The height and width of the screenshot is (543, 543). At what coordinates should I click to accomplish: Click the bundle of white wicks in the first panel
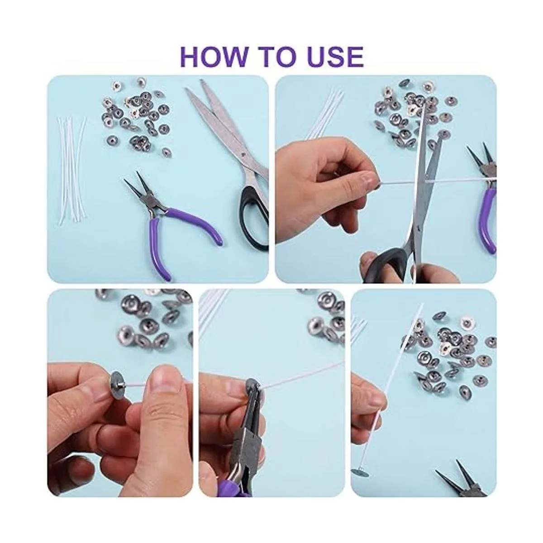coord(72,170)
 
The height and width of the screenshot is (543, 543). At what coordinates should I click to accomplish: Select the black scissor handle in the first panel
coord(253,219)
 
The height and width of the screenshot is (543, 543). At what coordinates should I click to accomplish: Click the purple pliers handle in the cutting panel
coord(489,220)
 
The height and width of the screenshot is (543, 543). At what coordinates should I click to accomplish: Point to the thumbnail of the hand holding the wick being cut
coord(367,179)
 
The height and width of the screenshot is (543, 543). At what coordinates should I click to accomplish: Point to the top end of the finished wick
coord(422,305)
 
